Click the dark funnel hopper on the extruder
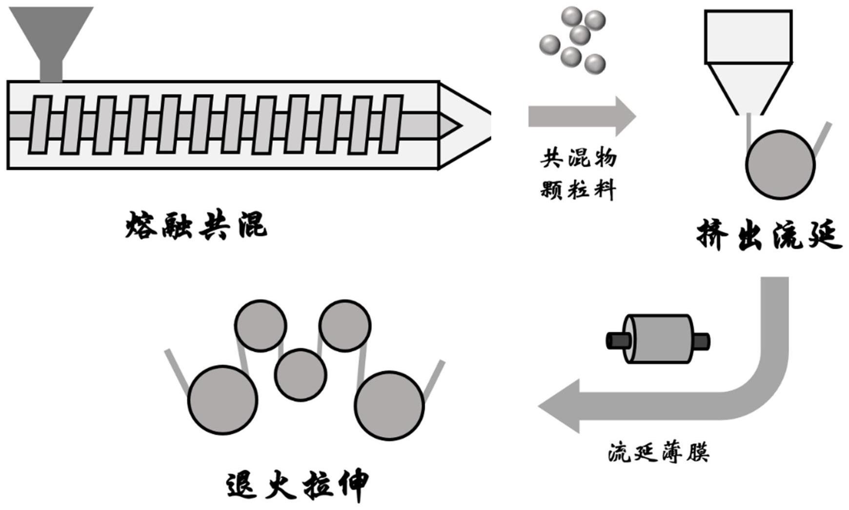pos(51,39)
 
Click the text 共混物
pos(578,158)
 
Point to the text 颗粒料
pos(578,189)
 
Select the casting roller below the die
pos(780,165)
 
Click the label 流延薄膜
pos(659,452)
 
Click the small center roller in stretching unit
pos(300,375)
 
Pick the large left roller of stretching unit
pos(222,400)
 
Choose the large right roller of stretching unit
pos(389,406)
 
